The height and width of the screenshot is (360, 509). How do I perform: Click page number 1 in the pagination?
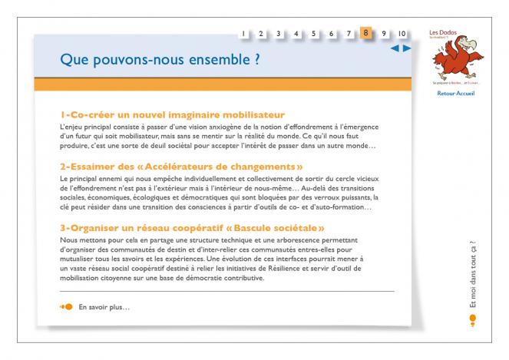coord(243,34)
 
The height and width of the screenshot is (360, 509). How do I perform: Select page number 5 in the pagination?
coord(313,34)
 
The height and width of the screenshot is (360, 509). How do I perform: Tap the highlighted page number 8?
coord(366,33)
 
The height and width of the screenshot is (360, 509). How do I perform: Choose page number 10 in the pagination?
coord(402,34)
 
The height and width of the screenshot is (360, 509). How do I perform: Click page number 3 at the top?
coord(278,34)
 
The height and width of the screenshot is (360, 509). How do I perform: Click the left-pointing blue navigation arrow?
coord(395,48)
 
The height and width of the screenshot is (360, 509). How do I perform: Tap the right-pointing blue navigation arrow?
coord(407,48)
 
